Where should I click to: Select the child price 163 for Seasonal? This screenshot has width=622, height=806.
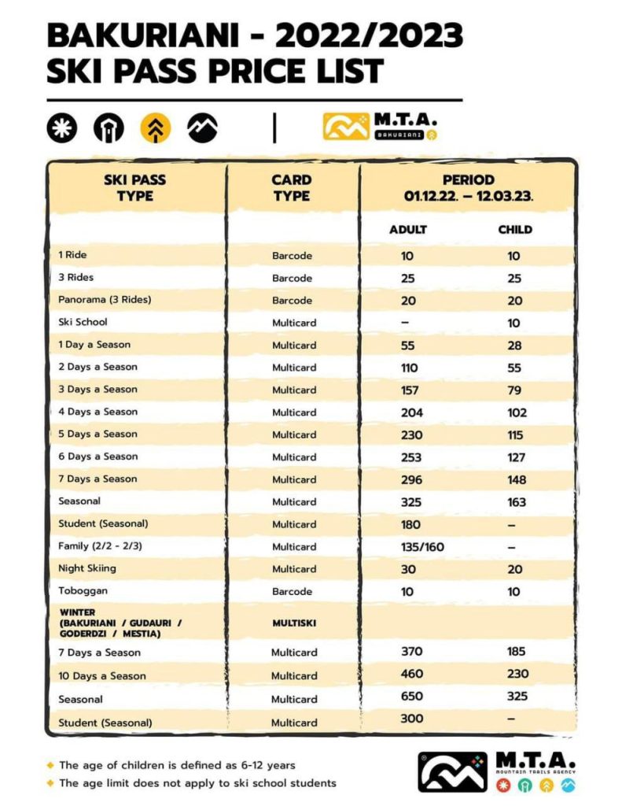[x=517, y=502]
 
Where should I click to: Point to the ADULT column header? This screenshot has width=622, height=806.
[x=408, y=230]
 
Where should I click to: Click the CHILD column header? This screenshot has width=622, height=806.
[x=515, y=230]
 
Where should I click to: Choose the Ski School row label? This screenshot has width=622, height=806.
[x=83, y=322]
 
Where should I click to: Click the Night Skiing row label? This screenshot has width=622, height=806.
[x=87, y=568]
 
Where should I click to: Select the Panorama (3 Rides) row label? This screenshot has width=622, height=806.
[x=104, y=300]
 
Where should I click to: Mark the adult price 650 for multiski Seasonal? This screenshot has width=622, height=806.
[x=412, y=697]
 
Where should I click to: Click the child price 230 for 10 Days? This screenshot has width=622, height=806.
[x=517, y=674]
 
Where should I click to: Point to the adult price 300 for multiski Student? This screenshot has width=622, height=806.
[x=411, y=719]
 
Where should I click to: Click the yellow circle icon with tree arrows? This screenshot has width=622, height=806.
[x=156, y=128]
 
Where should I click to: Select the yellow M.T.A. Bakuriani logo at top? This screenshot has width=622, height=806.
[x=381, y=127]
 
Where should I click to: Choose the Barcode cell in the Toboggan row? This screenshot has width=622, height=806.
[x=293, y=591]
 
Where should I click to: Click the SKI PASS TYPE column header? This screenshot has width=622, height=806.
[x=135, y=187]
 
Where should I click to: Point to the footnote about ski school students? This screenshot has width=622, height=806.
[x=197, y=783]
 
